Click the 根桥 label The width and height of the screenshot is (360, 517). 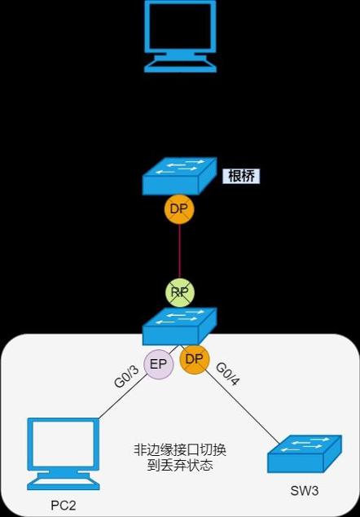[x=241, y=176]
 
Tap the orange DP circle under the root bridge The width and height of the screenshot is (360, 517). [x=179, y=209]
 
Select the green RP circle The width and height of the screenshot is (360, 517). [x=180, y=292]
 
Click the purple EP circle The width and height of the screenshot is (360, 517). [x=158, y=364]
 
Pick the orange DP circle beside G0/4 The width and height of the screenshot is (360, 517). [x=195, y=359]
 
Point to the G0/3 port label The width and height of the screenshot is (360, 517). [x=127, y=376]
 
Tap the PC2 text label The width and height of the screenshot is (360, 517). [x=63, y=505]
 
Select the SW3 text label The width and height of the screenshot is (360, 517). [x=305, y=491]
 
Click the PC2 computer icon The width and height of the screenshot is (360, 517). [x=63, y=453]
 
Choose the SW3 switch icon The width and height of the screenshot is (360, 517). [x=305, y=453]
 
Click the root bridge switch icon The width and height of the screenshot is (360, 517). [x=180, y=176]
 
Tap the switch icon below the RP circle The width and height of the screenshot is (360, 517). [x=180, y=326]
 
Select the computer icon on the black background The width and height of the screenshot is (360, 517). [x=181, y=37]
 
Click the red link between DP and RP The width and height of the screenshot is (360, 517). [x=179, y=252]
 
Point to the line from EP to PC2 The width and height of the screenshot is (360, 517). [x=123, y=397]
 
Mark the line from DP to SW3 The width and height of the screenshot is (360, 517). [x=242, y=409]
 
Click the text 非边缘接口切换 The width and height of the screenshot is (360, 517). [x=180, y=450]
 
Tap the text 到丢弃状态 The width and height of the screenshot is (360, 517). [x=180, y=466]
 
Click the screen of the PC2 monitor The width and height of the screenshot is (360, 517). [x=63, y=445]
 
